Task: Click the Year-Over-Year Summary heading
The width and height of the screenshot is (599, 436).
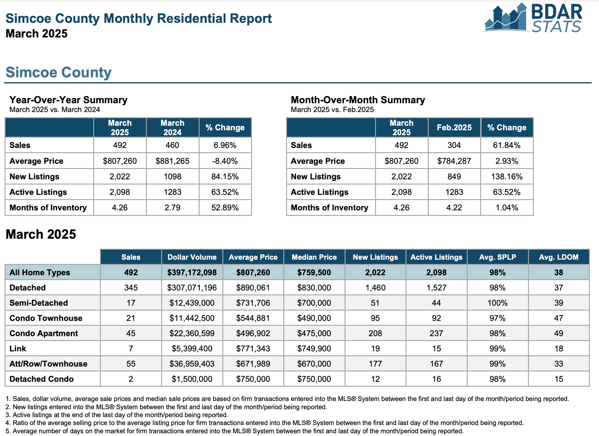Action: coord(68,100)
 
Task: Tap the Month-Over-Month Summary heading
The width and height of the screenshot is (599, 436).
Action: coord(358,100)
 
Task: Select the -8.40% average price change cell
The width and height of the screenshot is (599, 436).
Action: coord(225,161)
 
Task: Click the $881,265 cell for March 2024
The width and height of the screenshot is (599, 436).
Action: coord(172,161)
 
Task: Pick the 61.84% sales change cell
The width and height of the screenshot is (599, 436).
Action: coord(507,145)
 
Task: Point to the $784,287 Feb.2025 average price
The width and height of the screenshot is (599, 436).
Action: coord(454,161)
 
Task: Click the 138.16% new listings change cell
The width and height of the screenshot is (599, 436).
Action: coord(507,177)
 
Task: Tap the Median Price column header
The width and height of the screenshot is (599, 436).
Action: coord(314,257)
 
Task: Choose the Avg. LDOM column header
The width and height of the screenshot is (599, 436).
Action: coord(558,257)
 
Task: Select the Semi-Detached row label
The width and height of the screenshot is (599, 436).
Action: coord(39,303)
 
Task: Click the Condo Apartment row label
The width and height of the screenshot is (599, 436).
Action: coord(44,333)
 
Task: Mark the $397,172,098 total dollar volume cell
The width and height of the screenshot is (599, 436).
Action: coord(192,272)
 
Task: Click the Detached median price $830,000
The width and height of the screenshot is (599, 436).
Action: coord(314,288)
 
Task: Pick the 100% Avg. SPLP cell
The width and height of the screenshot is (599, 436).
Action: coord(498,303)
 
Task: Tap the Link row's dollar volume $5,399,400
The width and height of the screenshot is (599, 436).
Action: coord(192,349)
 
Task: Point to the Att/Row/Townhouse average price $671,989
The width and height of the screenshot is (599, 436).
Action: coord(253,364)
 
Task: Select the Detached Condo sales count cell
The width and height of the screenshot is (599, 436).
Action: coord(131,379)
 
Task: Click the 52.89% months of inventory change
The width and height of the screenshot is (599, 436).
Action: coord(225,208)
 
